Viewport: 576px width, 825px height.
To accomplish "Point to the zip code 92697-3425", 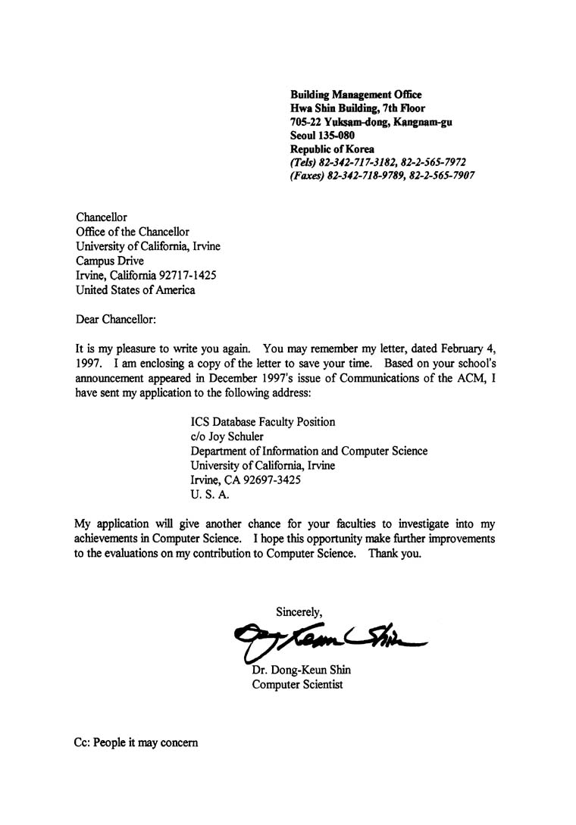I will point(274,480).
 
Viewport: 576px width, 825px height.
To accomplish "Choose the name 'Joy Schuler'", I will point(234,436).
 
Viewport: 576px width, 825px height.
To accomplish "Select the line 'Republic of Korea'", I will point(332,149).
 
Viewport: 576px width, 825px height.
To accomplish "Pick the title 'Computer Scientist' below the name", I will point(296,685).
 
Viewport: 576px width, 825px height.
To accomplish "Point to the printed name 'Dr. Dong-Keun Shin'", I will point(301,670).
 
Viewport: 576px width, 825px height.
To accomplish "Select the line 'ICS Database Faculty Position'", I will point(263,422).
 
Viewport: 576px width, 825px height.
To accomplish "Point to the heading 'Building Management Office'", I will point(356,94).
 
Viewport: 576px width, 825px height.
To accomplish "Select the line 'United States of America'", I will point(136,289).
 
